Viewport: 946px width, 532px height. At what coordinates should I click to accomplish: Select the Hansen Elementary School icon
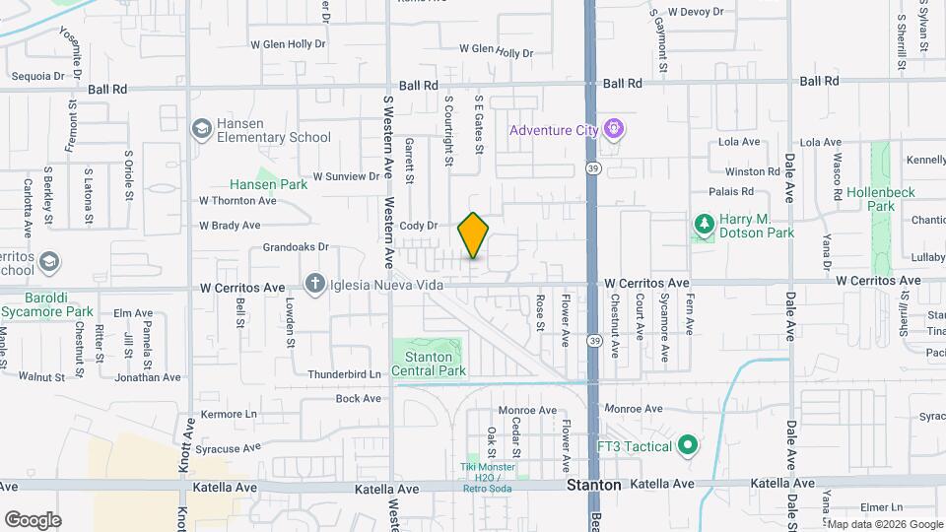(x=202, y=129)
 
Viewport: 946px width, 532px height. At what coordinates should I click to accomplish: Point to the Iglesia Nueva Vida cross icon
(x=314, y=285)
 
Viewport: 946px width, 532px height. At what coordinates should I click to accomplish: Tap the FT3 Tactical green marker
(x=688, y=446)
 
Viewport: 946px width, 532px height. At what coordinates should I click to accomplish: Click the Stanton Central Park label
(x=429, y=364)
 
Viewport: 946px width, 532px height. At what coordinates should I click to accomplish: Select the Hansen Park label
(x=268, y=184)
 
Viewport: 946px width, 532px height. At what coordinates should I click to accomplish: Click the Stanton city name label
(x=593, y=486)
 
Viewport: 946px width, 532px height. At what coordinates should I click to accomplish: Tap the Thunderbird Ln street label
(x=344, y=374)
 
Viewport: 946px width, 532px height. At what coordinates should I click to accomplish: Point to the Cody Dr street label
(x=418, y=226)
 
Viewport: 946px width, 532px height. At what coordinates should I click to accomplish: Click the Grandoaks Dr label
(x=296, y=247)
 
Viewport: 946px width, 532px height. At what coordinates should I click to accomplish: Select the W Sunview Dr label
(x=346, y=177)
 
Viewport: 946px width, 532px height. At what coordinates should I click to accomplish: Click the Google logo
(x=33, y=519)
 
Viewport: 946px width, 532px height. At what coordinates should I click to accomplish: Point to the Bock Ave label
(x=358, y=398)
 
